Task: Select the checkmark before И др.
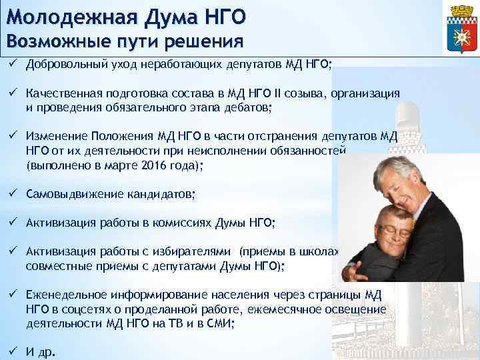click(13, 351)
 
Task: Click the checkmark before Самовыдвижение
click(13, 194)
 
